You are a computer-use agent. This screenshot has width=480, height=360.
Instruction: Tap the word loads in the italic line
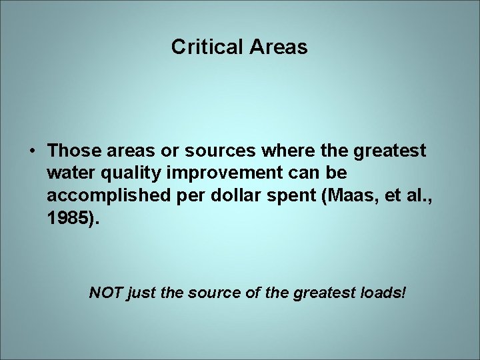tap(383, 293)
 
